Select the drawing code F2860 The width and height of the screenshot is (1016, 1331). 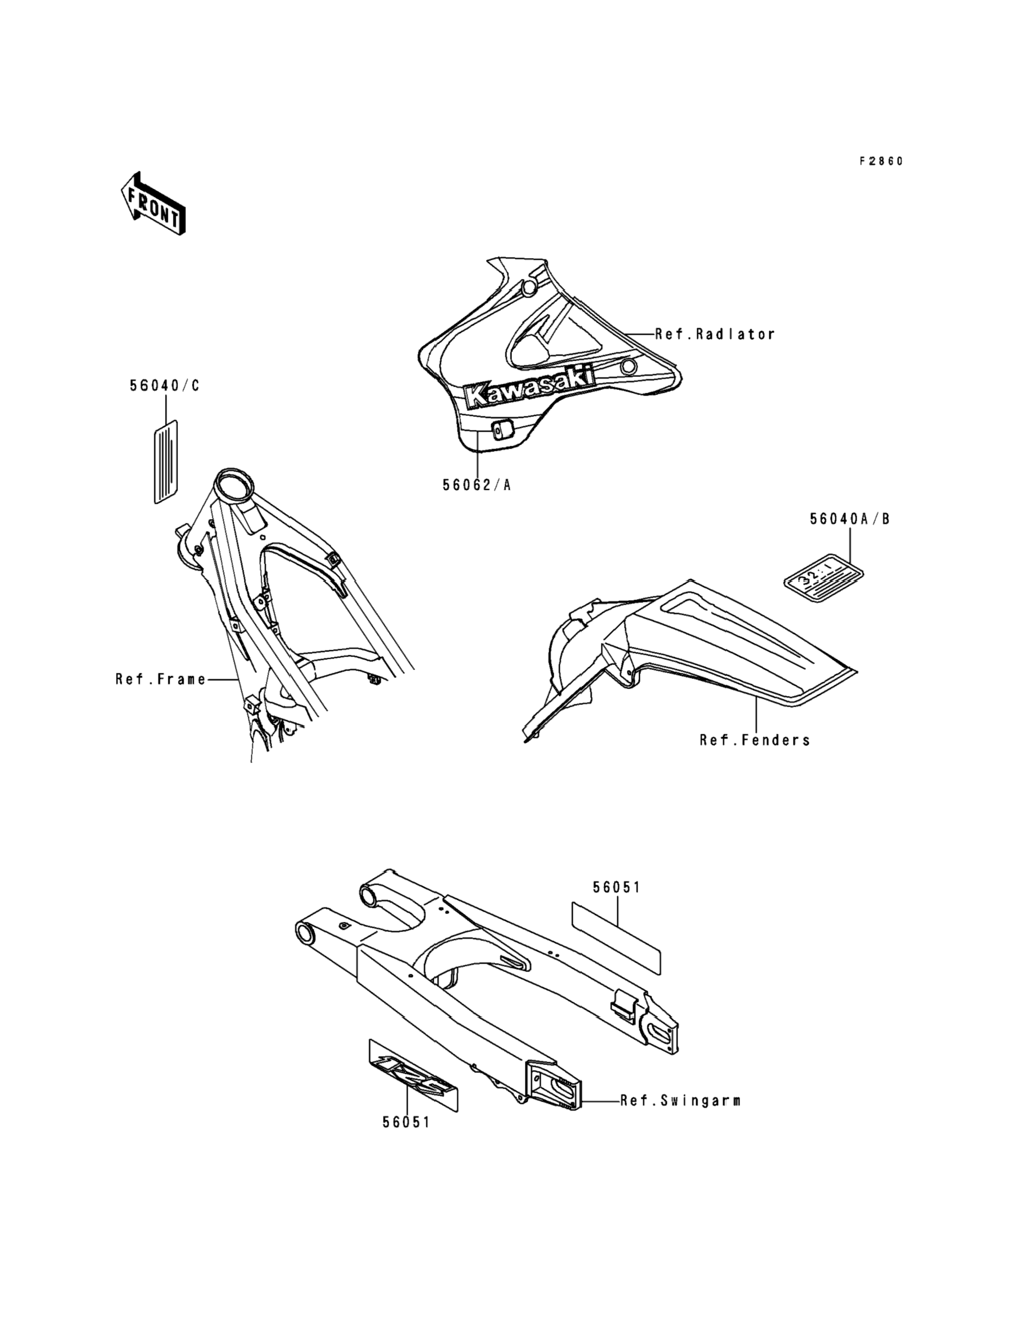[x=881, y=162]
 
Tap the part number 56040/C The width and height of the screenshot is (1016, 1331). [x=164, y=386]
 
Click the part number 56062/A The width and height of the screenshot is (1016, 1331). [x=476, y=485]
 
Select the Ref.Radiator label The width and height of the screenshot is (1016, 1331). [x=715, y=334]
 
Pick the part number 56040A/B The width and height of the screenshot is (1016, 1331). [x=850, y=519]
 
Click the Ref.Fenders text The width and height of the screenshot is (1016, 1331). [x=755, y=740]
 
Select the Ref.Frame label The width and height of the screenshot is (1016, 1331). [x=161, y=680]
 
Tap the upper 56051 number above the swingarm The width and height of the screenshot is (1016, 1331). [x=616, y=888]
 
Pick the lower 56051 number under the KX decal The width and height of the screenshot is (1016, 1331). [x=406, y=1123]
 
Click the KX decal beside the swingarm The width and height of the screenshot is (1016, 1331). [x=413, y=1077]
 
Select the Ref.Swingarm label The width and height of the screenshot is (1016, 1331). [x=680, y=1101]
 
